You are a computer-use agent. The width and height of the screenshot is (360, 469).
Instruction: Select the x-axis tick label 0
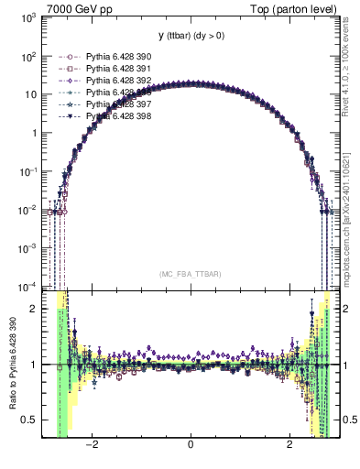click(x=190, y=446)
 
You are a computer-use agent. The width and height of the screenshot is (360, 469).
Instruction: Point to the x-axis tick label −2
click(x=91, y=446)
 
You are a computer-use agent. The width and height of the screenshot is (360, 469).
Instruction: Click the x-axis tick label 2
click(x=289, y=446)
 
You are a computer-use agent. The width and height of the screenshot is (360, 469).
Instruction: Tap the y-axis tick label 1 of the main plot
click(x=35, y=133)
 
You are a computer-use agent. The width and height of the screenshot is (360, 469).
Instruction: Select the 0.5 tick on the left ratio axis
click(x=31, y=420)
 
